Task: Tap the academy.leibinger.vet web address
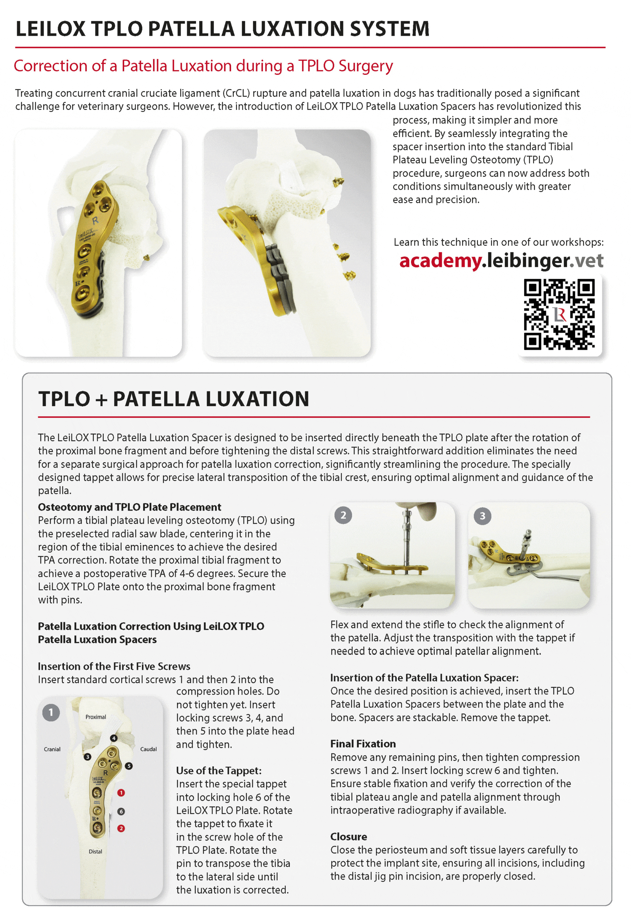coord(501,260)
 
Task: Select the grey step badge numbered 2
coord(343,515)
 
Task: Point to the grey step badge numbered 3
coord(482,516)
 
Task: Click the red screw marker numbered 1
coord(121,793)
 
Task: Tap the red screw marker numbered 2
coord(121,828)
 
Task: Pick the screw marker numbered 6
coord(121,811)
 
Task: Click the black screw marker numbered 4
coord(114,738)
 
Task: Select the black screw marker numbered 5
coord(128,766)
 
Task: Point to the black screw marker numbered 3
coord(87,757)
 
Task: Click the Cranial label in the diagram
coord(52,749)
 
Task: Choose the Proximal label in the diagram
coord(96,717)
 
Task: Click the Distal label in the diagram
coord(95,852)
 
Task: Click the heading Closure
coord(348,837)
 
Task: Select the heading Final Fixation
coord(363,744)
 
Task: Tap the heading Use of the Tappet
coord(219,770)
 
